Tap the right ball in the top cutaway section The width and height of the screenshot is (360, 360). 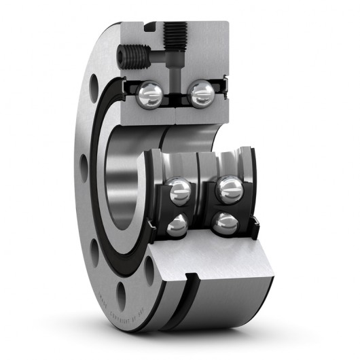point(200,93)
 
